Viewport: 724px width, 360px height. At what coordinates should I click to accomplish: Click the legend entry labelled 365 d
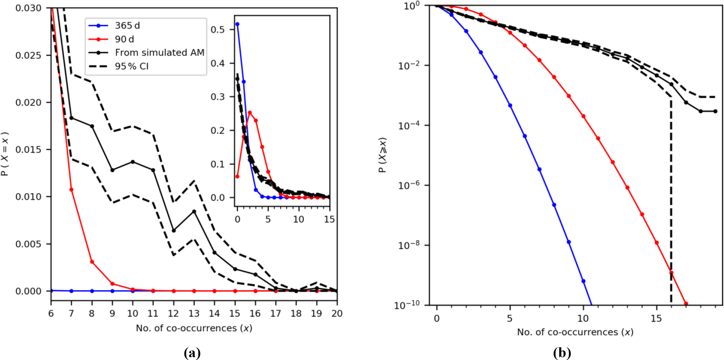pyautogui.click(x=127, y=26)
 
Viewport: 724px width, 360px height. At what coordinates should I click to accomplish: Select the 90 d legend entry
pyautogui.click(x=124, y=39)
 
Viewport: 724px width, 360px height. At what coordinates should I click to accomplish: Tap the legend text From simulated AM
pyautogui.click(x=159, y=53)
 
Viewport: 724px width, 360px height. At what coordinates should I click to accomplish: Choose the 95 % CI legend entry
pyautogui.click(x=132, y=66)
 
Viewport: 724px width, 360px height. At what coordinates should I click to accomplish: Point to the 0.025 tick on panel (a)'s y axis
pyautogui.click(x=28, y=55)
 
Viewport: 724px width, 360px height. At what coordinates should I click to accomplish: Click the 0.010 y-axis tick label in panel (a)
pyautogui.click(x=28, y=197)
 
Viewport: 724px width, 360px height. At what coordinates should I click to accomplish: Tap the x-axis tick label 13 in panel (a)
pyautogui.click(x=194, y=314)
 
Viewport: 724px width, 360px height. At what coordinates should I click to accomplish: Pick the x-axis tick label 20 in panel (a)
pyautogui.click(x=337, y=314)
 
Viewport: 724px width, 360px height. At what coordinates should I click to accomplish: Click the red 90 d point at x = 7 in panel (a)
pyautogui.click(x=71, y=190)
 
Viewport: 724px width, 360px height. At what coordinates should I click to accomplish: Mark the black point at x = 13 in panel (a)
pyautogui.click(x=194, y=212)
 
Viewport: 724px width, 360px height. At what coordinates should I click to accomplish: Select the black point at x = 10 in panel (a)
pyautogui.click(x=133, y=162)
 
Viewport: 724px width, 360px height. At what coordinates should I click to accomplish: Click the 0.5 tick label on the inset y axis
pyautogui.click(x=217, y=30)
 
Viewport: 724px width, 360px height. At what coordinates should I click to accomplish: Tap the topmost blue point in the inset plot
pyautogui.click(x=238, y=24)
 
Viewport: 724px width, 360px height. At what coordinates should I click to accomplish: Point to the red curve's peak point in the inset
pyautogui.click(x=250, y=113)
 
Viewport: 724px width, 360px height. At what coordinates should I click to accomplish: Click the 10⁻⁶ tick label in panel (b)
pyautogui.click(x=409, y=185)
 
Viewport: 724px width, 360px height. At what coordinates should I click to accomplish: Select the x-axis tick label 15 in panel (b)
pyautogui.click(x=656, y=318)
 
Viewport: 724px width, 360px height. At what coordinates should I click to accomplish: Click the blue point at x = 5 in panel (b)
pyautogui.click(x=510, y=106)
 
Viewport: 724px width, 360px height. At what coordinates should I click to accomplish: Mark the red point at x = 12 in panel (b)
pyautogui.click(x=613, y=162)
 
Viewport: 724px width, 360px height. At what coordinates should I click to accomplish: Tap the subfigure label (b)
pyautogui.click(x=562, y=352)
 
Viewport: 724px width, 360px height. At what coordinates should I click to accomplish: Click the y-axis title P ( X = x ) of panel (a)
pyautogui.click(x=5, y=154)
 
